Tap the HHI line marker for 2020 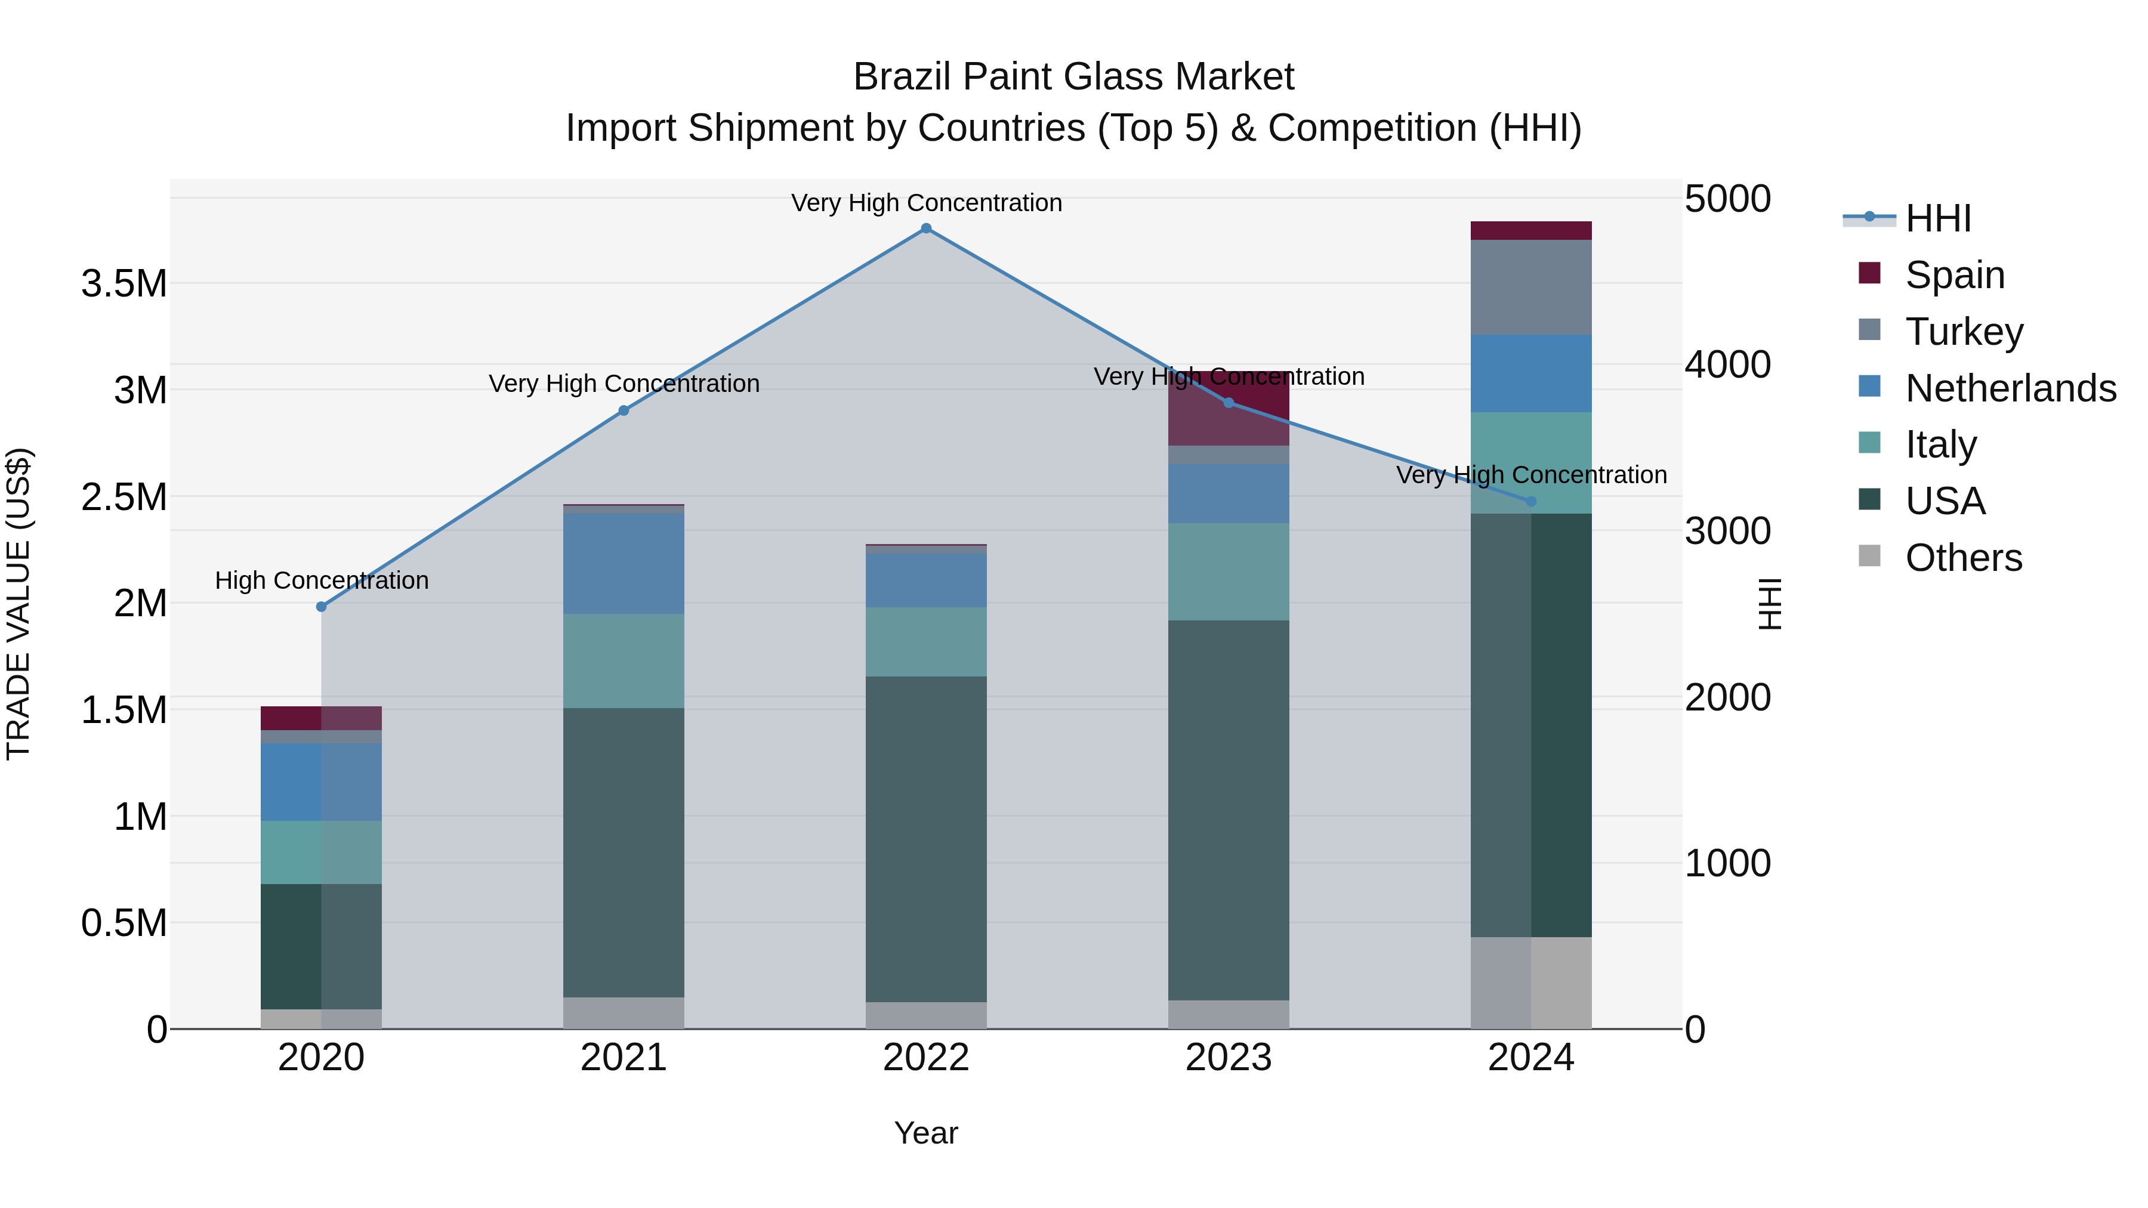pyautogui.click(x=321, y=607)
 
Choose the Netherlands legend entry pyautogui.click(x=2010, y=388)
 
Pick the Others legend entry pyautogui.click(x=1963, y=558)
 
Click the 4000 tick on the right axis pyautogui.click(x=1727, y=364)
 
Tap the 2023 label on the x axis pyautogui.click(x=1229, y=1058)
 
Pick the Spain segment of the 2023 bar pyautogui.click(x=1229, y=409)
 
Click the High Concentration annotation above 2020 pyautogui.click(x=322, y=580)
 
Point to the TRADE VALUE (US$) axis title pyautogui.click(x=18, y=604)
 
